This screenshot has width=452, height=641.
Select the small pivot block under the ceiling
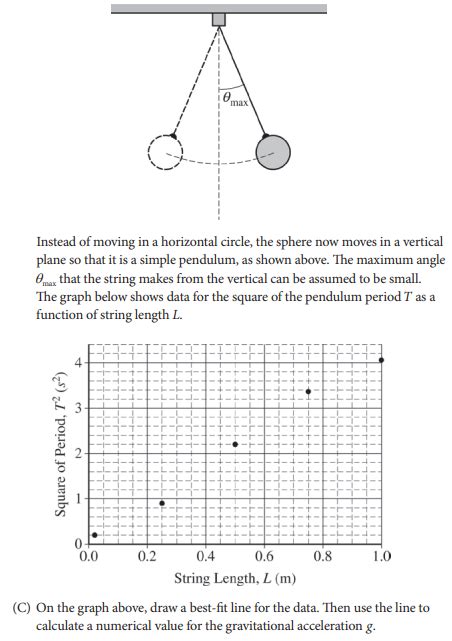pos(219,19)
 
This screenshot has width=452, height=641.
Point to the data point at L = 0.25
pos(162,503)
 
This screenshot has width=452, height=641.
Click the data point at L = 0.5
pos(235,444)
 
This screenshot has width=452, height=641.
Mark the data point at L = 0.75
pos(308,392)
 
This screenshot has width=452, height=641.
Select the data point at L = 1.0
pos(381,359)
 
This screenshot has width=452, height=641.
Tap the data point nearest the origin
pos(95,535)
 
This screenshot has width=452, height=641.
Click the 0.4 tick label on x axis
pos(206,556)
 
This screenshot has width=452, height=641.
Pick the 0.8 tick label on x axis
pos(322,556)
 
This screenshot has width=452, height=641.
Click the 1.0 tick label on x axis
pos(380,556)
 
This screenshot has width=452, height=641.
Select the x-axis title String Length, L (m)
pos(235,578)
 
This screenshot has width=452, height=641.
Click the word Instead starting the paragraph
pos(58,242)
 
